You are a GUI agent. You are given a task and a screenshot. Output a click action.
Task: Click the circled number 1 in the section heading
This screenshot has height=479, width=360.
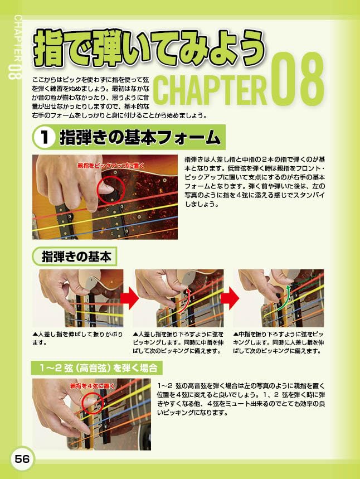click(x=44, y=137)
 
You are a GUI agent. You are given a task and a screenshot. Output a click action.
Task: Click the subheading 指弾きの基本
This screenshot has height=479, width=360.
click(x=76, y=257)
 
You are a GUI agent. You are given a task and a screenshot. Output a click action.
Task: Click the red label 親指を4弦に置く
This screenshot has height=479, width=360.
click(x=92, y=385)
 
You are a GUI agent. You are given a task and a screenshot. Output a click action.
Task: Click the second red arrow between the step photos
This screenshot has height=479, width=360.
click(x=230, y=299)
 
